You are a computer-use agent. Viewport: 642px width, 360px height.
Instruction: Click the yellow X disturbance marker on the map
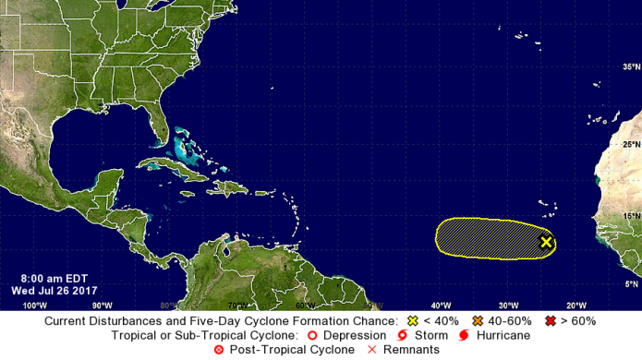pos(546,242)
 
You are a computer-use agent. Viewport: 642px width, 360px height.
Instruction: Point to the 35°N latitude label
pos(630,67)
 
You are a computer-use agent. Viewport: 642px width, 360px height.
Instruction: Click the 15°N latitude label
pos(630,216)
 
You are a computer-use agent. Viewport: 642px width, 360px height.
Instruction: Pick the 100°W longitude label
pos(34,305)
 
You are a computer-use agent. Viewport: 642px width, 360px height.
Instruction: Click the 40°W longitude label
pos(440,305)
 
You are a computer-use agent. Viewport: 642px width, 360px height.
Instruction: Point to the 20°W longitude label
pos(575,305)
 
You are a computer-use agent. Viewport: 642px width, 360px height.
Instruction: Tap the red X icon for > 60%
pos(552,320)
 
